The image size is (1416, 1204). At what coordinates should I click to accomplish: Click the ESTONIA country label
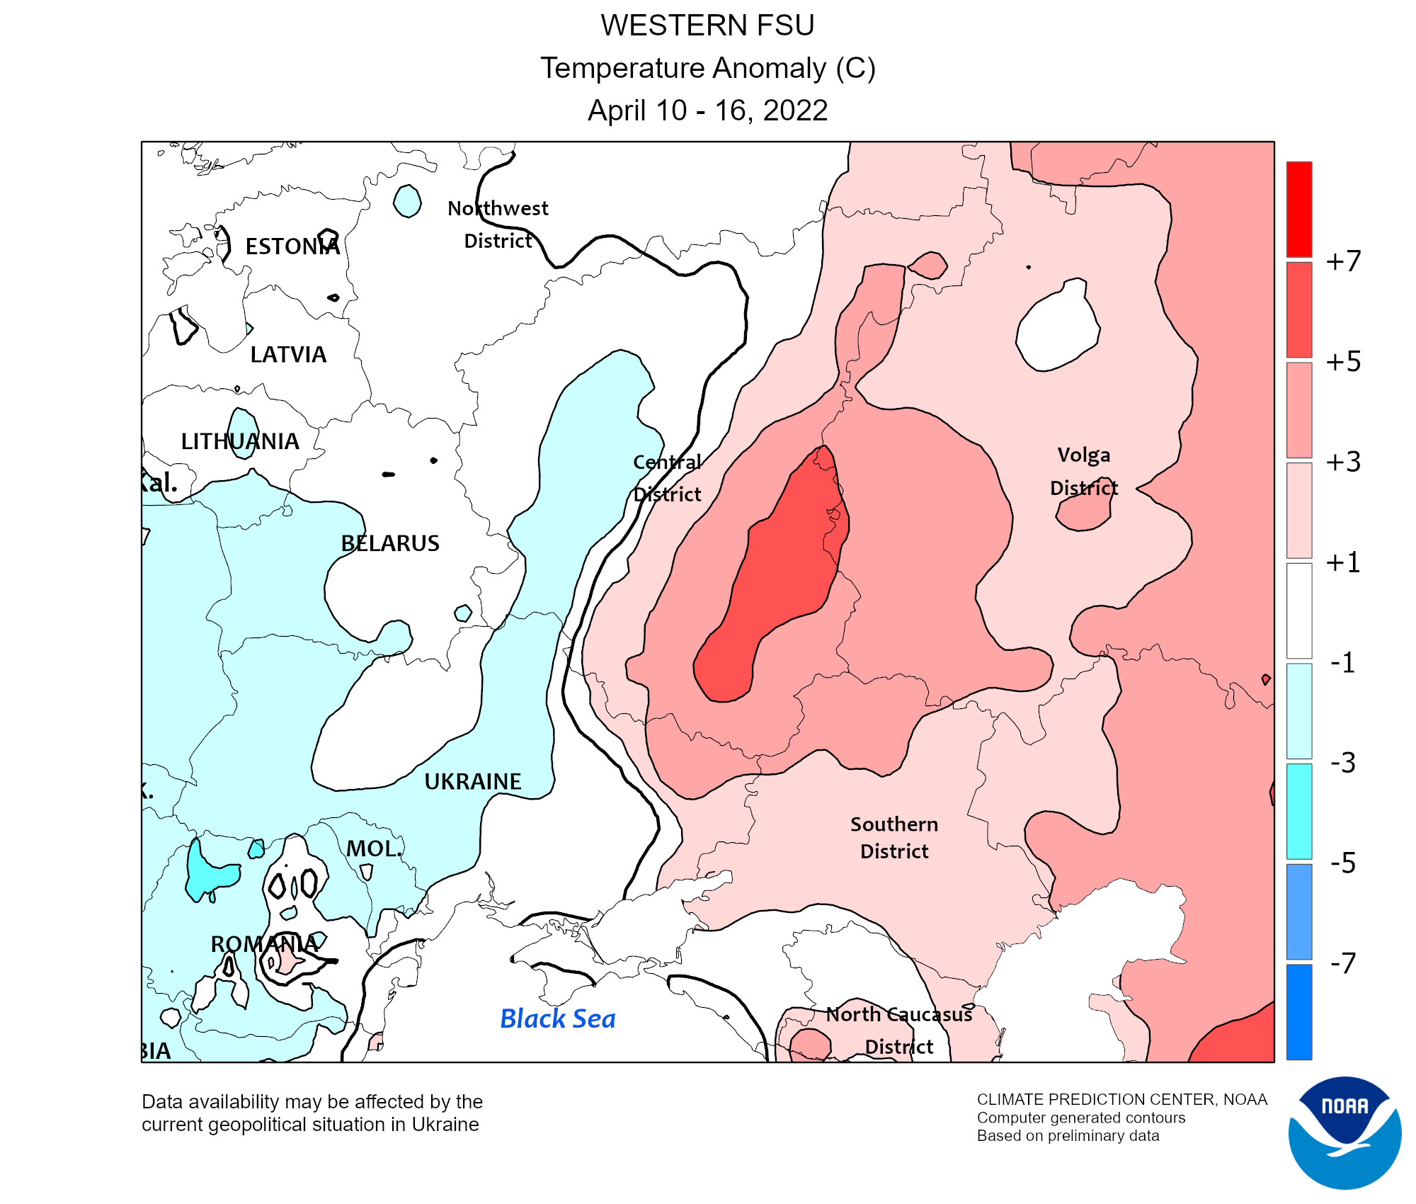(292, 246)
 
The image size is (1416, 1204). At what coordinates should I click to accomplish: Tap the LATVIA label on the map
(288, 354)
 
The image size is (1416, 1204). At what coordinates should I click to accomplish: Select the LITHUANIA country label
(240, 441)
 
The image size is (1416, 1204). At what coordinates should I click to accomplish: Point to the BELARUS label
(390, 543)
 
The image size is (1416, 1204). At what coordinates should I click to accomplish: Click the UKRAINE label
(472, 781)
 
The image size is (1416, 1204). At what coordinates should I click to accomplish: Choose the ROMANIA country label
(264, 944)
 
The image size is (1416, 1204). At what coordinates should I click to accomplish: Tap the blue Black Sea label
(557, 1018)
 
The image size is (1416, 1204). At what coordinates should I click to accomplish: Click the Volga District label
(1084, 471)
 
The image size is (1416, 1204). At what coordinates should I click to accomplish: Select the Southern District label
(894, 837)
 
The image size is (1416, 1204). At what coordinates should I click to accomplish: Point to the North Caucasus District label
(899, 1030)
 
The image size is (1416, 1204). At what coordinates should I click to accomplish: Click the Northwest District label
(498, 224)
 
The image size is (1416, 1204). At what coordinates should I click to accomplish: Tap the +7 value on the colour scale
(1343, 261)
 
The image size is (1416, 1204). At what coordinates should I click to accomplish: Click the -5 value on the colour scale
(1343, 863)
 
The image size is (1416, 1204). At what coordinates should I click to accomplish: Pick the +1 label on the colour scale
(1343, 562)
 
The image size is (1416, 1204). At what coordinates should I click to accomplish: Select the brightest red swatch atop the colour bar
(1299, 209)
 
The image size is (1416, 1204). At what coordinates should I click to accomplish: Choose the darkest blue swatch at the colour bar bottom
(1299, 1011)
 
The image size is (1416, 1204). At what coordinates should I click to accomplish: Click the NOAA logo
(1344, 1132)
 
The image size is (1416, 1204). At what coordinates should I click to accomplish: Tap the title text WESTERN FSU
(707, 25)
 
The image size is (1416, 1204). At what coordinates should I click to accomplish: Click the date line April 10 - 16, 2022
(707, 110)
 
